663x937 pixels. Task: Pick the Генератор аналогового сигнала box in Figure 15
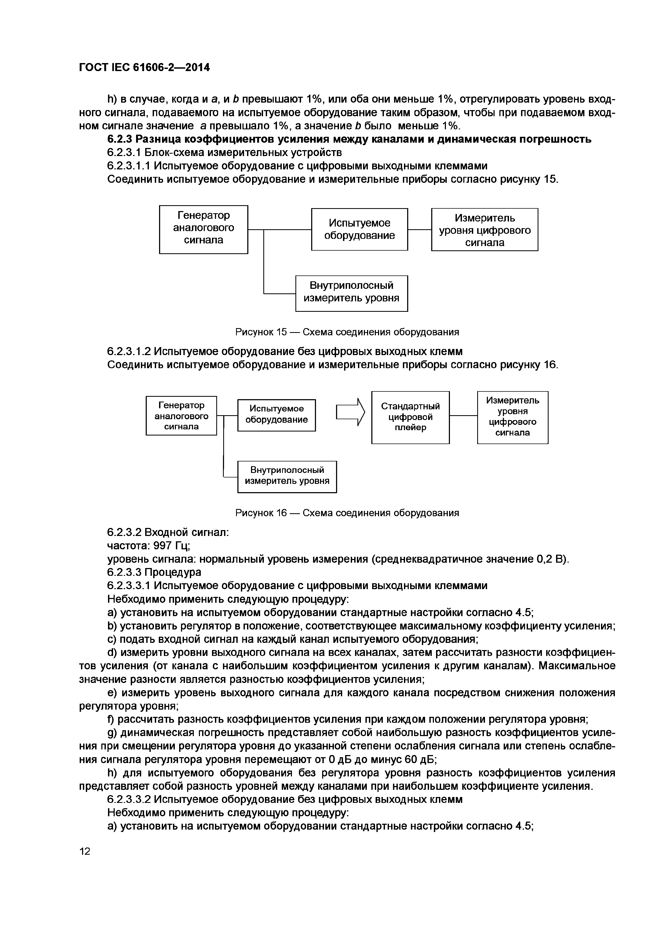pos(203,229)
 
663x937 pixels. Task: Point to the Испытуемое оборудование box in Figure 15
pos(359,229)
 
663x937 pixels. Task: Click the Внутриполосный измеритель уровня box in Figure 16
pos(287,477)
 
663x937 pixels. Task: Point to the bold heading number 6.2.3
pos(120,139)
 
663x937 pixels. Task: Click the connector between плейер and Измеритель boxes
pos(463,415)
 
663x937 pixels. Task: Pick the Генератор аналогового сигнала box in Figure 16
pos(181,415)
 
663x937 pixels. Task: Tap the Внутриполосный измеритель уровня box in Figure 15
pos(352,293)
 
